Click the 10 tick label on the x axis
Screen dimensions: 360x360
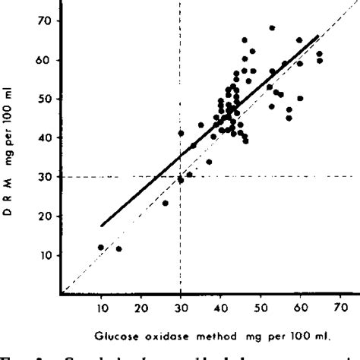pos(100,310)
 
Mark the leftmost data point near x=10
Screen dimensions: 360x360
pos(101,248)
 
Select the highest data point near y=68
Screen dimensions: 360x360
pos(272,28)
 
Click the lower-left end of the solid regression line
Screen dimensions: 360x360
pos(101,226)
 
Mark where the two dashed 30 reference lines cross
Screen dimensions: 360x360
pos(180,177)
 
